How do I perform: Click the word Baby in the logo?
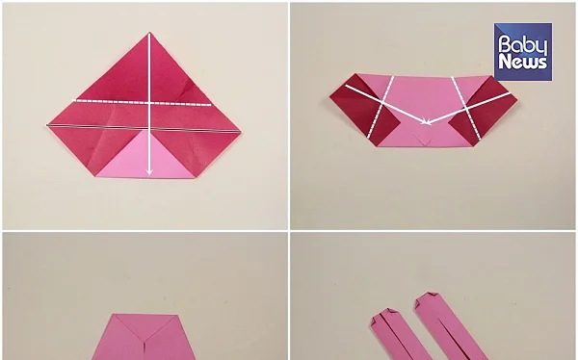523,45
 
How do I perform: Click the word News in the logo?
523,62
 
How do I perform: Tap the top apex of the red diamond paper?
149,33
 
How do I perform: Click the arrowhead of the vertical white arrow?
149,171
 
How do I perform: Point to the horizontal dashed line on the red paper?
142,102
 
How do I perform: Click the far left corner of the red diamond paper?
47,125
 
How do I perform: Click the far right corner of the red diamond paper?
241,131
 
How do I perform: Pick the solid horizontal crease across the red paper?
144,128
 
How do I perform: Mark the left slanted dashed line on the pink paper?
381,107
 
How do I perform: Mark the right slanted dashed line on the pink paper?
466,109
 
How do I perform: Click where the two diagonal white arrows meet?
427,123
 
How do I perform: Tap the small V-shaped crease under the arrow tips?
423,140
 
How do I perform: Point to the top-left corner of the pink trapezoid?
114,315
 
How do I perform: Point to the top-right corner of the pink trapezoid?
176,315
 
